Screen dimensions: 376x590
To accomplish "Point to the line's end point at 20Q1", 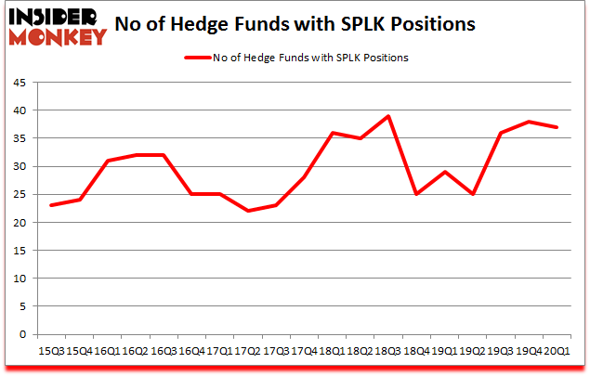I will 557,127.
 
